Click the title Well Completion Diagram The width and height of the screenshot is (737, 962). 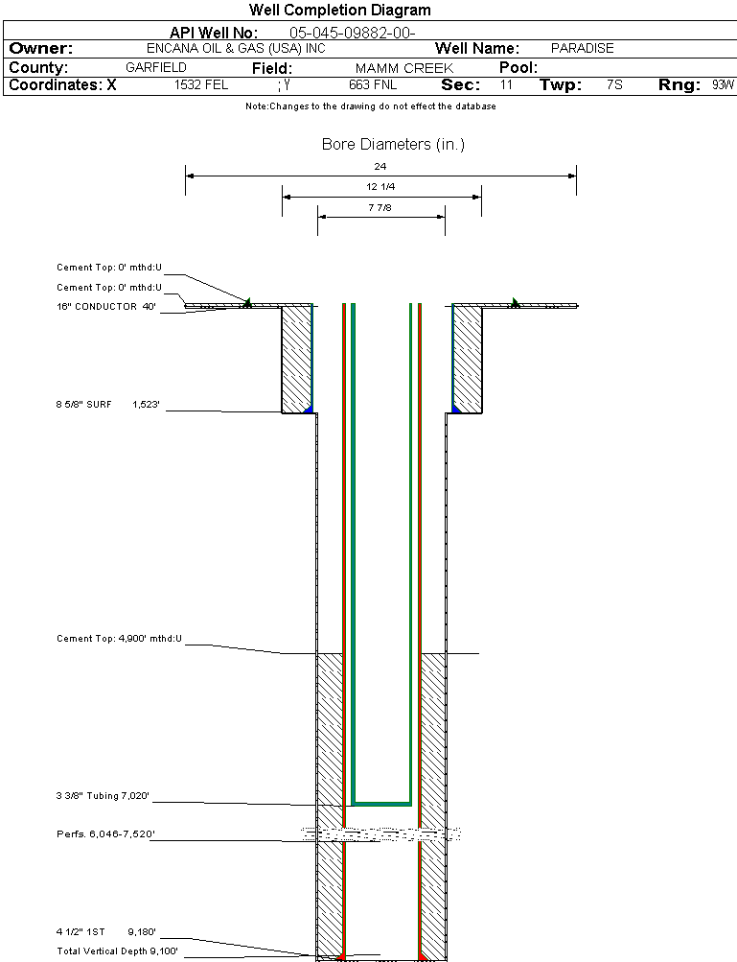(x=339, y=11)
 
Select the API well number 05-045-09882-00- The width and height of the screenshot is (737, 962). (x=352, y=33)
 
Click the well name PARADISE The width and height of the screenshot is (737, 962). (x=583, y=48)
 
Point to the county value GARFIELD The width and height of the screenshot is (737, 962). (x=156, y=68)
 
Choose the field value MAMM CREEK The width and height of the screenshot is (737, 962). (x=404, y=69)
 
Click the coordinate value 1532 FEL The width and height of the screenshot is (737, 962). (x=201, y=85)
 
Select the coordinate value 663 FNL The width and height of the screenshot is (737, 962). (x=373, y=85)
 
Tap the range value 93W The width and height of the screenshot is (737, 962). (x=723, y=85)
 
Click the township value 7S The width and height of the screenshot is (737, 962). (x=615, y=85)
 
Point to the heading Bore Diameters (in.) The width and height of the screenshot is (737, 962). (x=393, y=145)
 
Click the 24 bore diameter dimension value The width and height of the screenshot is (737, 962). (x=380, y=167)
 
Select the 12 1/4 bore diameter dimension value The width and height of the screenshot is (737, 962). (x=380, y=186)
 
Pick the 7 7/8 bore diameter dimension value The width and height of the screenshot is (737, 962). (x=380, y=206)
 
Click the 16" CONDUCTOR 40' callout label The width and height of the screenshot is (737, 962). (x=106, y=307)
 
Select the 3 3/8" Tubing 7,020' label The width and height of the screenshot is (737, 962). (x=103, y=796)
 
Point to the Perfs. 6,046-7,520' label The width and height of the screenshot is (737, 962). (x=105, y=835)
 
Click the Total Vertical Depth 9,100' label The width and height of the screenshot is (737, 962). (x=117, y=951)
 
